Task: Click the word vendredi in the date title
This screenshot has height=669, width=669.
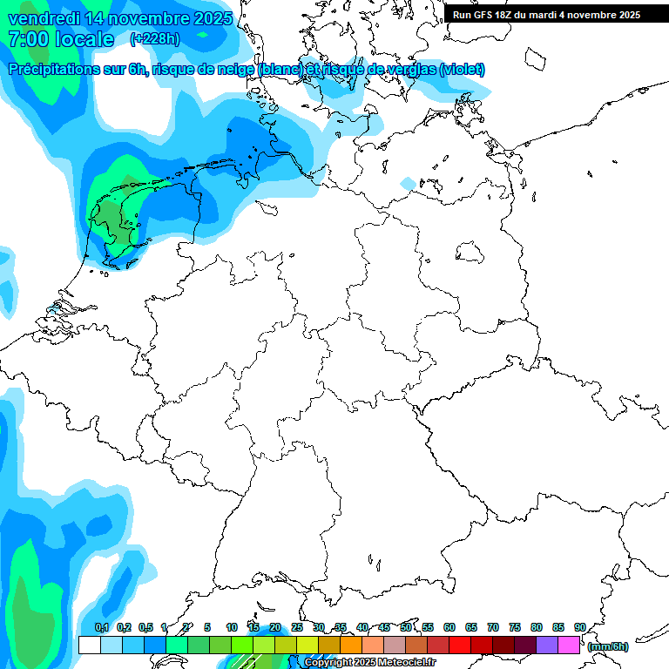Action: point(44,18)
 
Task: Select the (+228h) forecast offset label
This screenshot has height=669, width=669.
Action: point(156,39)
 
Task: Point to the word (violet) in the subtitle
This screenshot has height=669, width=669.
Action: point(463,70)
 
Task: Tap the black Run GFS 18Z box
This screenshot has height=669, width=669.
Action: point(546,14)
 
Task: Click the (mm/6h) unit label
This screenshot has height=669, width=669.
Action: point(608,646)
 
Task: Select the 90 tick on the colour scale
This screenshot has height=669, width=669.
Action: point(579,627)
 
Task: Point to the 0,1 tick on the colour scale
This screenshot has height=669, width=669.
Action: point(101,627)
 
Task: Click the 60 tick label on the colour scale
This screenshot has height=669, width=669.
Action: point(449,627)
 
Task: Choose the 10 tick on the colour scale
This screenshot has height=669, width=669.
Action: point(232,627)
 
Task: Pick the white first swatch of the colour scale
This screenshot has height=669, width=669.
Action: point(89,645)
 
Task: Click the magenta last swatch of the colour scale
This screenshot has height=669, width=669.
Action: point(569,645)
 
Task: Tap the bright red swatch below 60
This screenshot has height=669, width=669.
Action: point(459,645)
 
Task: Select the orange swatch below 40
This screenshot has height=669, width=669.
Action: point(350,645)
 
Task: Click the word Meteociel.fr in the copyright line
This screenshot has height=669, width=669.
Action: point(408,663)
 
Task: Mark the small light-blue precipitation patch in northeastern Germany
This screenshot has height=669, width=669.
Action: point(408,184)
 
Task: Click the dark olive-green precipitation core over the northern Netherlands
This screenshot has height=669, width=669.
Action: point(111,218)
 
